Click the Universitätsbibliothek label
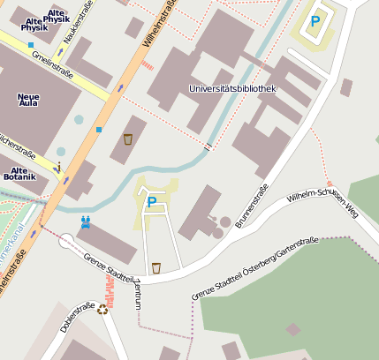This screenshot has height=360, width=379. tap(232, 89)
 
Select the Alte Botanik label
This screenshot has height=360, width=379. tap(19, 172)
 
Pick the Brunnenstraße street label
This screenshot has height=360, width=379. tap(252, 206)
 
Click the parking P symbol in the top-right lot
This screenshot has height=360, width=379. tap(315, 21)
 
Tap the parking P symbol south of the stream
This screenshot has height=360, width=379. tap(151, 202)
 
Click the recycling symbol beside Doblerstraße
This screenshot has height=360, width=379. tap(102, 309)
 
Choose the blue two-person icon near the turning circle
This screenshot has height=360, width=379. tap(86, 222)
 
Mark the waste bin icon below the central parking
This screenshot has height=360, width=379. tap(156, 267)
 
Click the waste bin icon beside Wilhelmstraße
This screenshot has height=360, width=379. tap(128, 139)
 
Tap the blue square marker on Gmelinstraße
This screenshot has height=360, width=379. tap(31, 44)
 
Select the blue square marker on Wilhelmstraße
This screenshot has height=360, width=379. tap(99, 130)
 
